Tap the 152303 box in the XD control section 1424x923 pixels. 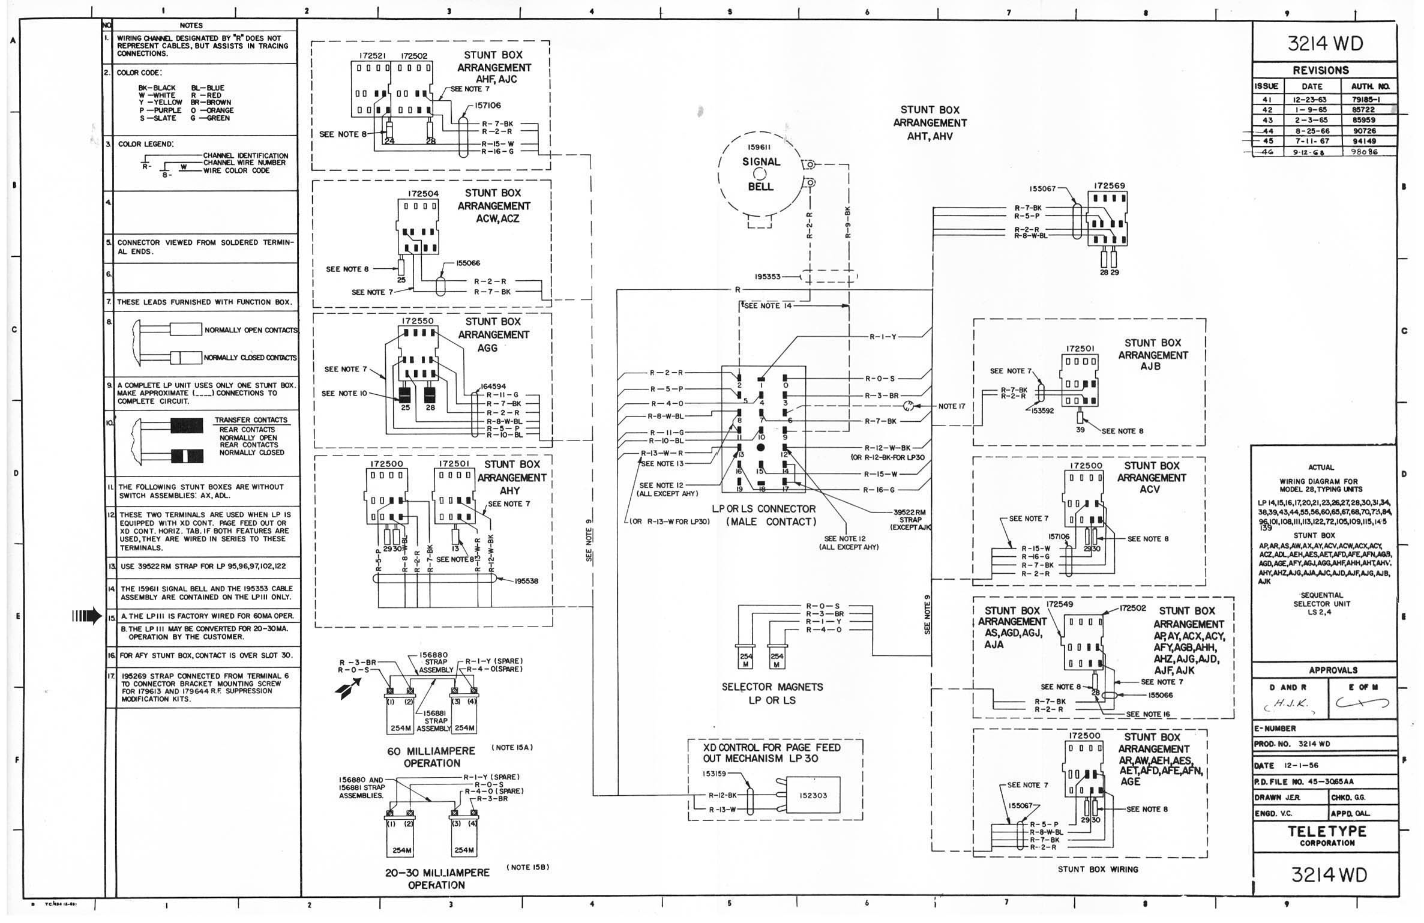(813, 795)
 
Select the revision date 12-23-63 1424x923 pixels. (1312, 100)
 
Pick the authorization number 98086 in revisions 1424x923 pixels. (1363, 152)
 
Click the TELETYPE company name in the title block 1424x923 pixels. (1327, 831)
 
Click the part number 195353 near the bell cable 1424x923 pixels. (768, 277)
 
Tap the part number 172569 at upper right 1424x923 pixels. (1109, 186)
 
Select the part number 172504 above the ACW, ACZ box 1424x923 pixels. (423, 194)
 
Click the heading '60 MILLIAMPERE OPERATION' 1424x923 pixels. (431, 757)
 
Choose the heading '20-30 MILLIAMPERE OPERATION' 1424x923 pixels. (437, 879)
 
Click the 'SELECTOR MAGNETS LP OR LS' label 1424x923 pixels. (772, 693)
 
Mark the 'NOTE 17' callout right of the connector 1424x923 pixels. (952, 406)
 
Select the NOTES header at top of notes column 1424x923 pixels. (191, 25)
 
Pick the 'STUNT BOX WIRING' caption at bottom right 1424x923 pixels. (1098, 869)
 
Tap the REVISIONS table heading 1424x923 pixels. (1320, 70)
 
